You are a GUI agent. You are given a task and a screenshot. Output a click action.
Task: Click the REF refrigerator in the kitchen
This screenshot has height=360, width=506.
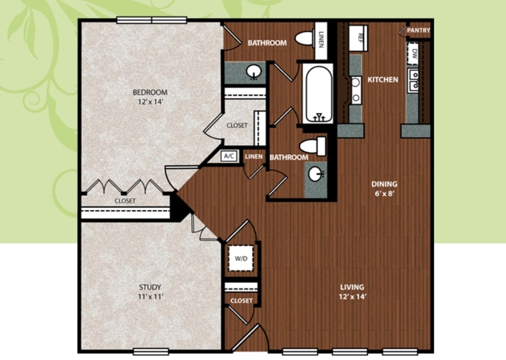(x=358, y=38)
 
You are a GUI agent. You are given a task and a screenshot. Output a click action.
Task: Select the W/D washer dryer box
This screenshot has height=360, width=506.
(x=241, y=258)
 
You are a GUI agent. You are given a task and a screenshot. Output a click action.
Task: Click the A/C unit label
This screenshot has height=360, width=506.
(x=229, y=156)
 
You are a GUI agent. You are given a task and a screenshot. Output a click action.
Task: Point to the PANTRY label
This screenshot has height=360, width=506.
(x=418, y=31)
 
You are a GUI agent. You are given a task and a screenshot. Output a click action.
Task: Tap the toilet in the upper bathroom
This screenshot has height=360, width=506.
(x=305, y=38)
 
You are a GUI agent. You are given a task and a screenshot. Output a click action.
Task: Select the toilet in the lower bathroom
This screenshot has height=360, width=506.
(x=312, y=146)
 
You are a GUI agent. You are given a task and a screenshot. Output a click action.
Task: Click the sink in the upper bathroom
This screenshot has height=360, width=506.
(x=254, y=72)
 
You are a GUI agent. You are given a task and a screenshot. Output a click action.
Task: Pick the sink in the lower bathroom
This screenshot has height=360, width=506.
(x=315, y=174)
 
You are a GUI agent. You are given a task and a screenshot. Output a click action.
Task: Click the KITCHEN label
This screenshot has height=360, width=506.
(x=382, y=79)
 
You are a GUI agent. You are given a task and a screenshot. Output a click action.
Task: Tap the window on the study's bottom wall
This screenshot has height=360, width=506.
(x=151, y=351)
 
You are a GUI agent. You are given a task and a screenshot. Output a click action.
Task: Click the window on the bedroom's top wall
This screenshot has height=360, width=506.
(x=152, y=20)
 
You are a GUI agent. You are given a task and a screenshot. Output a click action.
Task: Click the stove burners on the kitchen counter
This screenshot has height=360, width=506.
(x=355, y=90)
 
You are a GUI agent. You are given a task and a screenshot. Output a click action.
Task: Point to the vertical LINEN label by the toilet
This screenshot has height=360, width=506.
(x=321, y=39)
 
